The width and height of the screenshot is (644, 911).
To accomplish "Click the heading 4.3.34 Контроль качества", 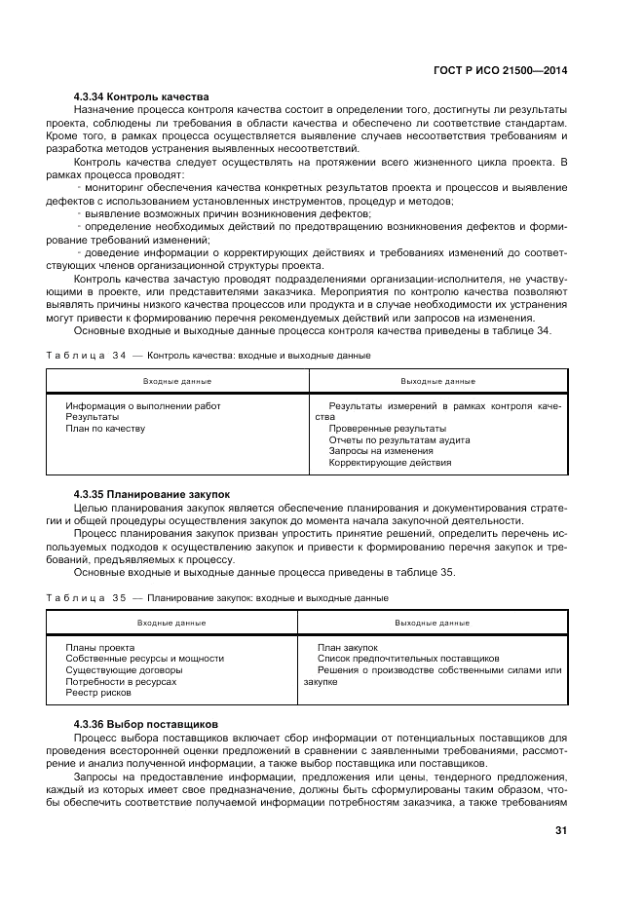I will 141,97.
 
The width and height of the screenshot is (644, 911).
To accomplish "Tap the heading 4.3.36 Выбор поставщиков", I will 146,724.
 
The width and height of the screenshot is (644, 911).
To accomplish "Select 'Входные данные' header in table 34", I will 177,381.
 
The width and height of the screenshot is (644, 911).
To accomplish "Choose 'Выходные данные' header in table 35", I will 432,623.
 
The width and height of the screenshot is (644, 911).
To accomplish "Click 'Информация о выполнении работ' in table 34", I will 143,405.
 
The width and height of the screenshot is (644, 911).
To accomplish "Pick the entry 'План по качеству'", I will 105,429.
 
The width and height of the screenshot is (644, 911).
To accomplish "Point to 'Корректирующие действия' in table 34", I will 390,463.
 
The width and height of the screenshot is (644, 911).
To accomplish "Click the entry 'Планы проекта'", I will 99,647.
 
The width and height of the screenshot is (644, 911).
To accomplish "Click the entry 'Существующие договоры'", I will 124,670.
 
